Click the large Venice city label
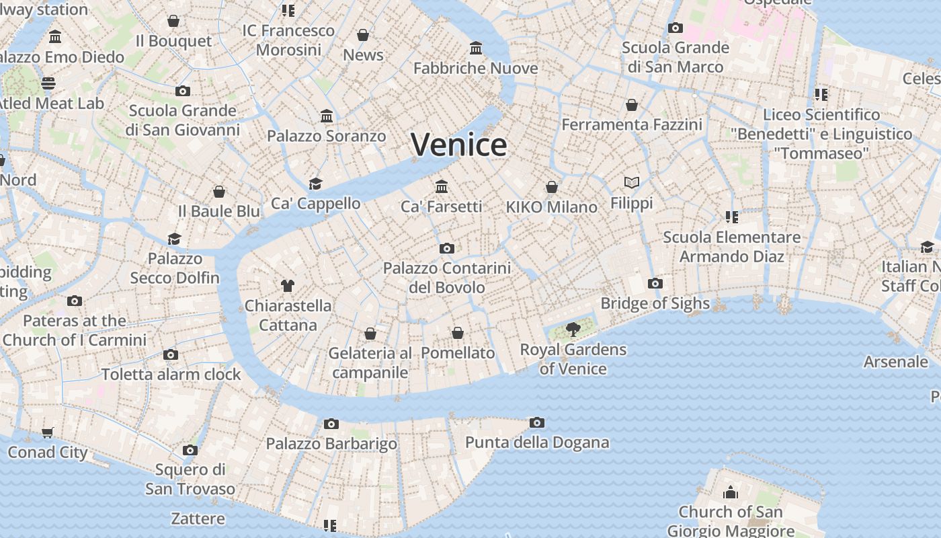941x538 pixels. [459, 145]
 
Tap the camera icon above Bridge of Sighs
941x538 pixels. [655, 283]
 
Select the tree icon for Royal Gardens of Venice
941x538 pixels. [573, 329]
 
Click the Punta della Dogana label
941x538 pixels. [537, 443]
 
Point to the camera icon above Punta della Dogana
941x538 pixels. [536, 422]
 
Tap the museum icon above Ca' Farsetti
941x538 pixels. [442, 186]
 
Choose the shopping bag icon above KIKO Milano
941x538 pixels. [552, 187]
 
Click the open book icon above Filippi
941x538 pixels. [631, 182]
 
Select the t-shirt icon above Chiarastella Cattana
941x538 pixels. [288, 285]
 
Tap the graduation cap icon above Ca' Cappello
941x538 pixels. [315, 184]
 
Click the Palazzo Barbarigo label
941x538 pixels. [331, 444]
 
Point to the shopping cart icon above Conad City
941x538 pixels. [47, 432]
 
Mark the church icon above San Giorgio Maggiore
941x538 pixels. [730, 492]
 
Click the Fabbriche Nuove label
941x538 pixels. [476, 69]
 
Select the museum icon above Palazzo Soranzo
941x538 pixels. [327, 116]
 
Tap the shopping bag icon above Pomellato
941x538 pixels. [458, 333]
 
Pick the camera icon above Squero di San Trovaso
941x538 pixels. [190, 450]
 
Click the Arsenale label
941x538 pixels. [895, 362]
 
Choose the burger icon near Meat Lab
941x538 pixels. [48, 83]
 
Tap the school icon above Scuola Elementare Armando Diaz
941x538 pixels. [731, 217]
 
